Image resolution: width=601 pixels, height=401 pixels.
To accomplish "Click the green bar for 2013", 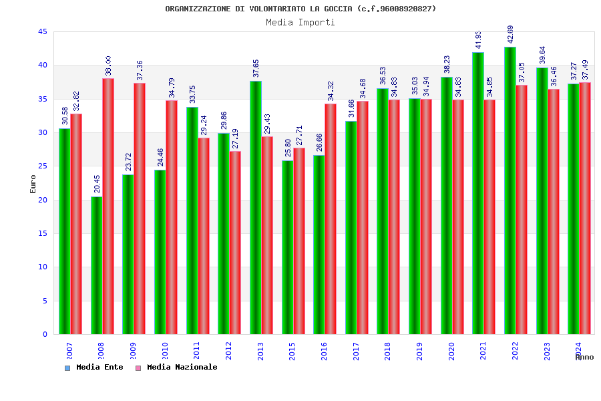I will pyautogui.click(x=255, y=207).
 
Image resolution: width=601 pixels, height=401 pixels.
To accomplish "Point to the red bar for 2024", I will pyautogui.click(x=585, y=208).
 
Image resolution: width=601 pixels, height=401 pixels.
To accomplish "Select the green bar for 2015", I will pyautogui.click(x=287, y=247).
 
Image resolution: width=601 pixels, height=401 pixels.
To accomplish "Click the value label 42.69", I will pyautogui.click(x=511, y=35).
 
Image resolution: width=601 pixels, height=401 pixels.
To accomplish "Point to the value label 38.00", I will pyautogui.click(x=109, y=65).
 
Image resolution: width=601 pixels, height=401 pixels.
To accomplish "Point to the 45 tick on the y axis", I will pyautogui.click(x=42, y=31).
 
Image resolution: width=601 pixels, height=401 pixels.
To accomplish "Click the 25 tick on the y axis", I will pyautogui.click(x=42, y=166).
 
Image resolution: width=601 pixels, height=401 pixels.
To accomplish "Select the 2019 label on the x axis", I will pyautogui.click(x=419, y=351).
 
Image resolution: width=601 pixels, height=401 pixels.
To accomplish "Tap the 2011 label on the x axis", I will pyautogui.click(x=196, y=351).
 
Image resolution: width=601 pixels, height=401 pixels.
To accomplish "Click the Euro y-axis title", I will pyautogui.click(x=33, y=184).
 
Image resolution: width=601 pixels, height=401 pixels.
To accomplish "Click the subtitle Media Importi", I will pyautogui.click(x=300, y=22).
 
